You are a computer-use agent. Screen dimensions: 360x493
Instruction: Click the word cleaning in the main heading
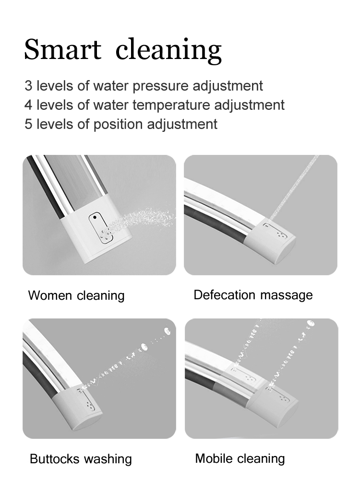[168, 50]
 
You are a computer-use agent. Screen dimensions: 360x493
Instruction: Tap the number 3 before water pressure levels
[28, 86]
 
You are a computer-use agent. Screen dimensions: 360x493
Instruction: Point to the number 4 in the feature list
[28, 105]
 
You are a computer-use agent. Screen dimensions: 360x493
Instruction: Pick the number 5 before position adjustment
[28, 124]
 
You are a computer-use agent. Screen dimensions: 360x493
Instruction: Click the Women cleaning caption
[76, 296]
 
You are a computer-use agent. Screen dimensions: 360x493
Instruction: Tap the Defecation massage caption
[253, 295]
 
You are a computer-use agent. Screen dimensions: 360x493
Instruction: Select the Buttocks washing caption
[81, 459]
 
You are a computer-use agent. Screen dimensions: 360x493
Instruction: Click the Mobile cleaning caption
[240, 458]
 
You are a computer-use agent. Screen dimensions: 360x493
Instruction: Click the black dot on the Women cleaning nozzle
[95, 217]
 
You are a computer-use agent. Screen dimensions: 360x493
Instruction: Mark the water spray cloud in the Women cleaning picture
[142, 219]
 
